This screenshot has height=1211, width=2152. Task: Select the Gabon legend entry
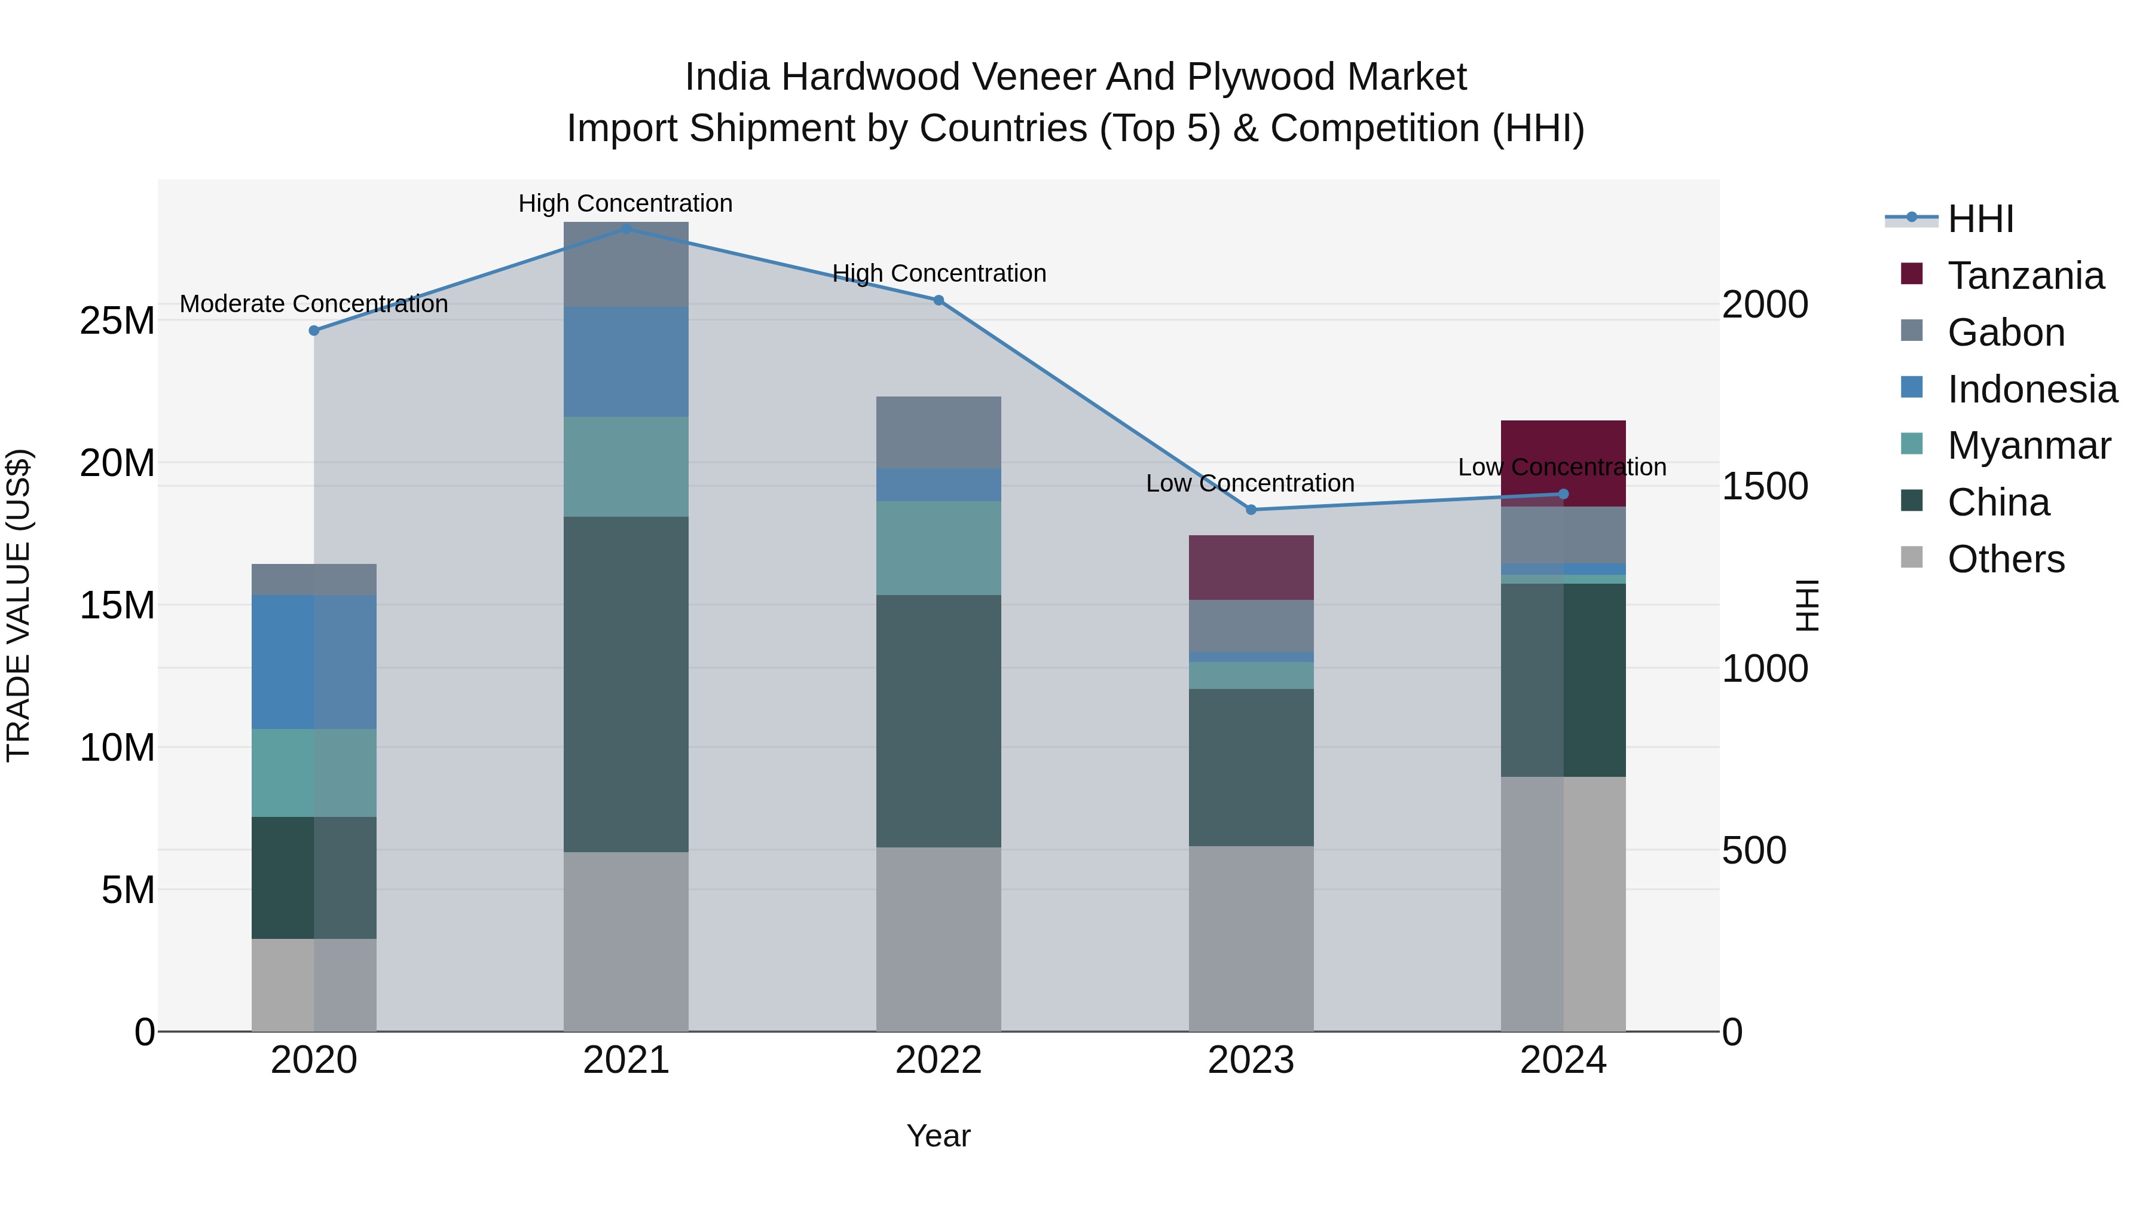(2005, 333)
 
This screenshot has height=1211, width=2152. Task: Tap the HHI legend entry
(1980, 219)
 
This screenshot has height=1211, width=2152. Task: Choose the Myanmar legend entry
(2028, 446)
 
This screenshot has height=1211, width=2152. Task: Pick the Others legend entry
(2005, 559)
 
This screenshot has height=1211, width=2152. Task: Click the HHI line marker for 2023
(1251, 510)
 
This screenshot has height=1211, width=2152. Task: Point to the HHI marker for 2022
(938, 300)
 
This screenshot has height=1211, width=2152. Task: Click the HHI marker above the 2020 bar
(314, 331)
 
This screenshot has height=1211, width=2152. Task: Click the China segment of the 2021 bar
(626, 684)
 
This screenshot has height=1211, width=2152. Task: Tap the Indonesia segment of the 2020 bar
(314, 662)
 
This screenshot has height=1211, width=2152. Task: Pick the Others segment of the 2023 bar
(1251, 938)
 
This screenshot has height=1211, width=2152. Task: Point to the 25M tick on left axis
(117, 321)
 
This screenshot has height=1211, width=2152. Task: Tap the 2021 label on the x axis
(626, 1060)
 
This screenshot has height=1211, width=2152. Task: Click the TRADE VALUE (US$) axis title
(19, 605)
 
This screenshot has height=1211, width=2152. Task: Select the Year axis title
(938, 1136)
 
